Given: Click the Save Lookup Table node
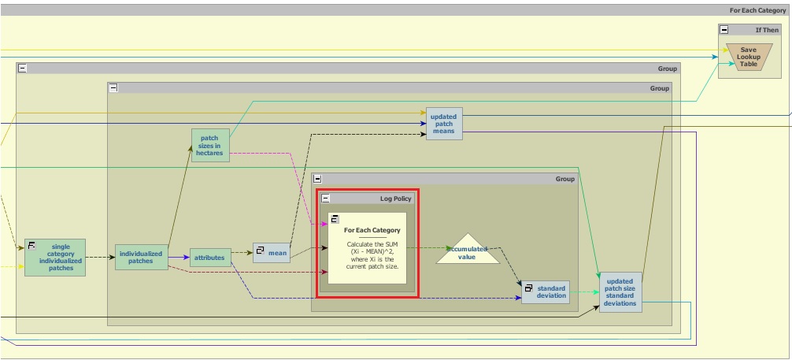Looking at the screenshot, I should (748, 57).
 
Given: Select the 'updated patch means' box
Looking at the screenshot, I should (444, 124).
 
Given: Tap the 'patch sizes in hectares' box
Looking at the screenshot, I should (210, 146).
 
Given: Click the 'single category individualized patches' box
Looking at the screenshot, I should (55, 258).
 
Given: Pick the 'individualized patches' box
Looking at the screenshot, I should (141, 258).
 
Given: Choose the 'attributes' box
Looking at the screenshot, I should (209, 258).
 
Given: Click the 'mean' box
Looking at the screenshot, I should (272, 253).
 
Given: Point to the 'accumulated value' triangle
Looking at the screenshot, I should (468, 251).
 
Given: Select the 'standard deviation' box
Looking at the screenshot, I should (546, 291).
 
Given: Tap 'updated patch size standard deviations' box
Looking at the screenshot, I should (620, 292).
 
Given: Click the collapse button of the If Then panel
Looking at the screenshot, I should (724, 30).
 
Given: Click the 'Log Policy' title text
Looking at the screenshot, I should (396, 199).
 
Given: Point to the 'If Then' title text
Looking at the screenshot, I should (767, 30).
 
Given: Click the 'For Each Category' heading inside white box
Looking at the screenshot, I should (372, 230).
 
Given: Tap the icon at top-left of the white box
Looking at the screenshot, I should (334, 218).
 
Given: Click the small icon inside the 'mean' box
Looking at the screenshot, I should (260, 250).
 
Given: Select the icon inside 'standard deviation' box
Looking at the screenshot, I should (529, 288).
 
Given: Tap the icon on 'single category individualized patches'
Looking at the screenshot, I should (32, 246).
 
